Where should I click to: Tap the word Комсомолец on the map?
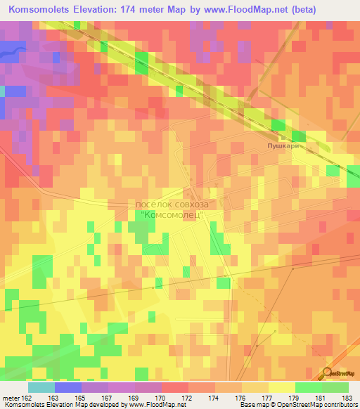172,215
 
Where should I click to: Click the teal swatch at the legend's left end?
41,387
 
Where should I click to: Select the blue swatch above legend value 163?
67,387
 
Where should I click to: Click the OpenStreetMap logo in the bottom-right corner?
337,374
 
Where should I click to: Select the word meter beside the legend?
11,398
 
